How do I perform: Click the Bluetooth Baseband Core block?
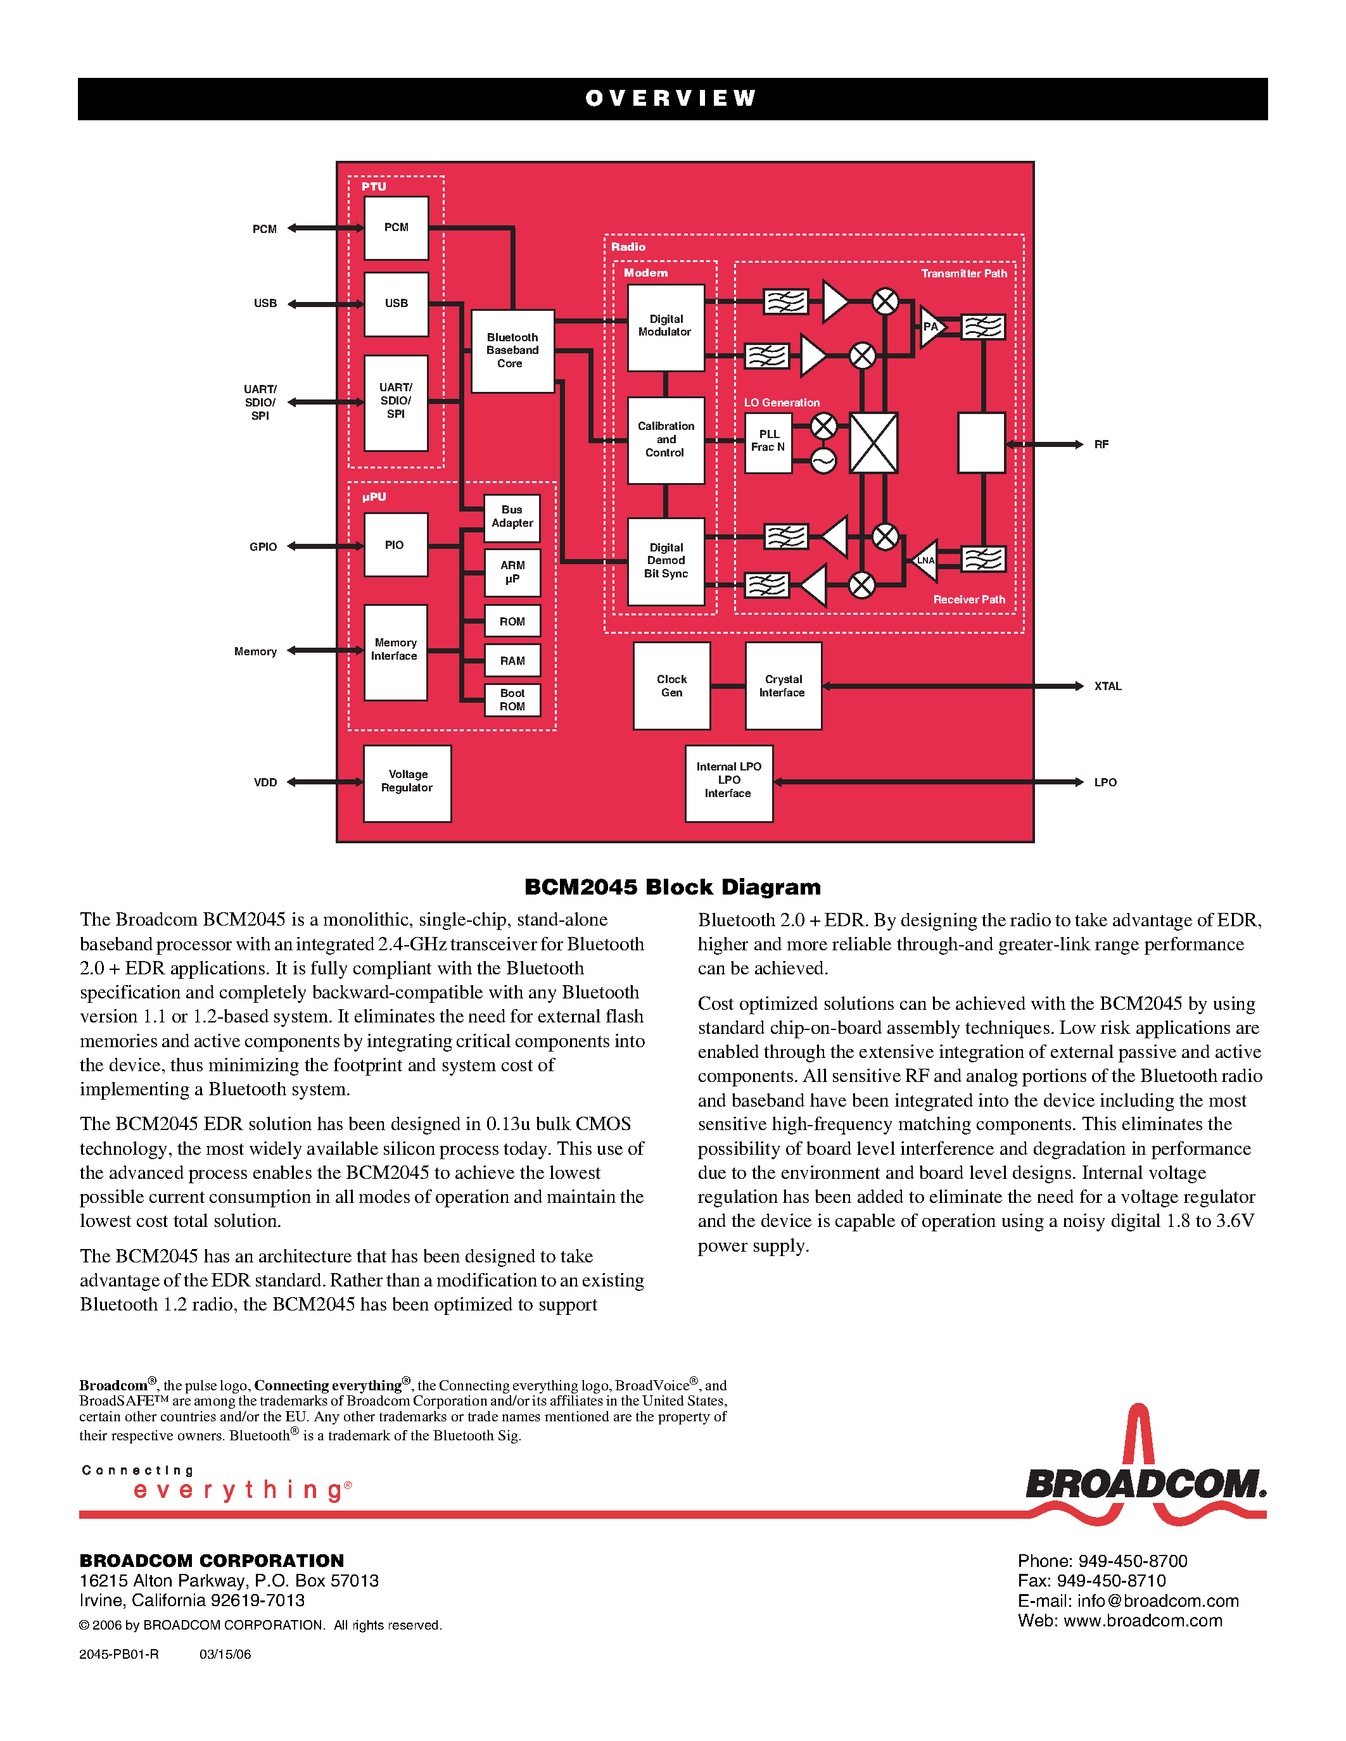(x=512, y=351)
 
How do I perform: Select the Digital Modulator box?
(x=666, y=327)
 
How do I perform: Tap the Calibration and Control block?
(x=666, y=440)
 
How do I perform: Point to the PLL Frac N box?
(x=768, y=443)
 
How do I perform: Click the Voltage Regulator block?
(x=407, y=782)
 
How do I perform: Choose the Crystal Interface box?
(x=783, y=686)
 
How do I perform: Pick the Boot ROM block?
(x=512, y=700)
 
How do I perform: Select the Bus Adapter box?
(x=512, y=517)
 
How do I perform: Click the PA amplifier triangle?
(x=930, y=327)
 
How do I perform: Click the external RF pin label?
(x=1102, y=445)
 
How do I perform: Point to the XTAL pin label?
(x=1108, y=686)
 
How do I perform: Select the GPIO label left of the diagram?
(x=263, y=547)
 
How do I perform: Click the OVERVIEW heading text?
(x=671, y=99)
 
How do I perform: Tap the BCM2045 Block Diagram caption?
(x=672, y=887)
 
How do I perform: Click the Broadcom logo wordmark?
(x=1145, y=1485)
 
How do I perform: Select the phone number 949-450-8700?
(x=1133, y=1561)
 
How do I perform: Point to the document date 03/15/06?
(x=225, y=1654)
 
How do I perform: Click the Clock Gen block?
(x=671, y=686)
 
